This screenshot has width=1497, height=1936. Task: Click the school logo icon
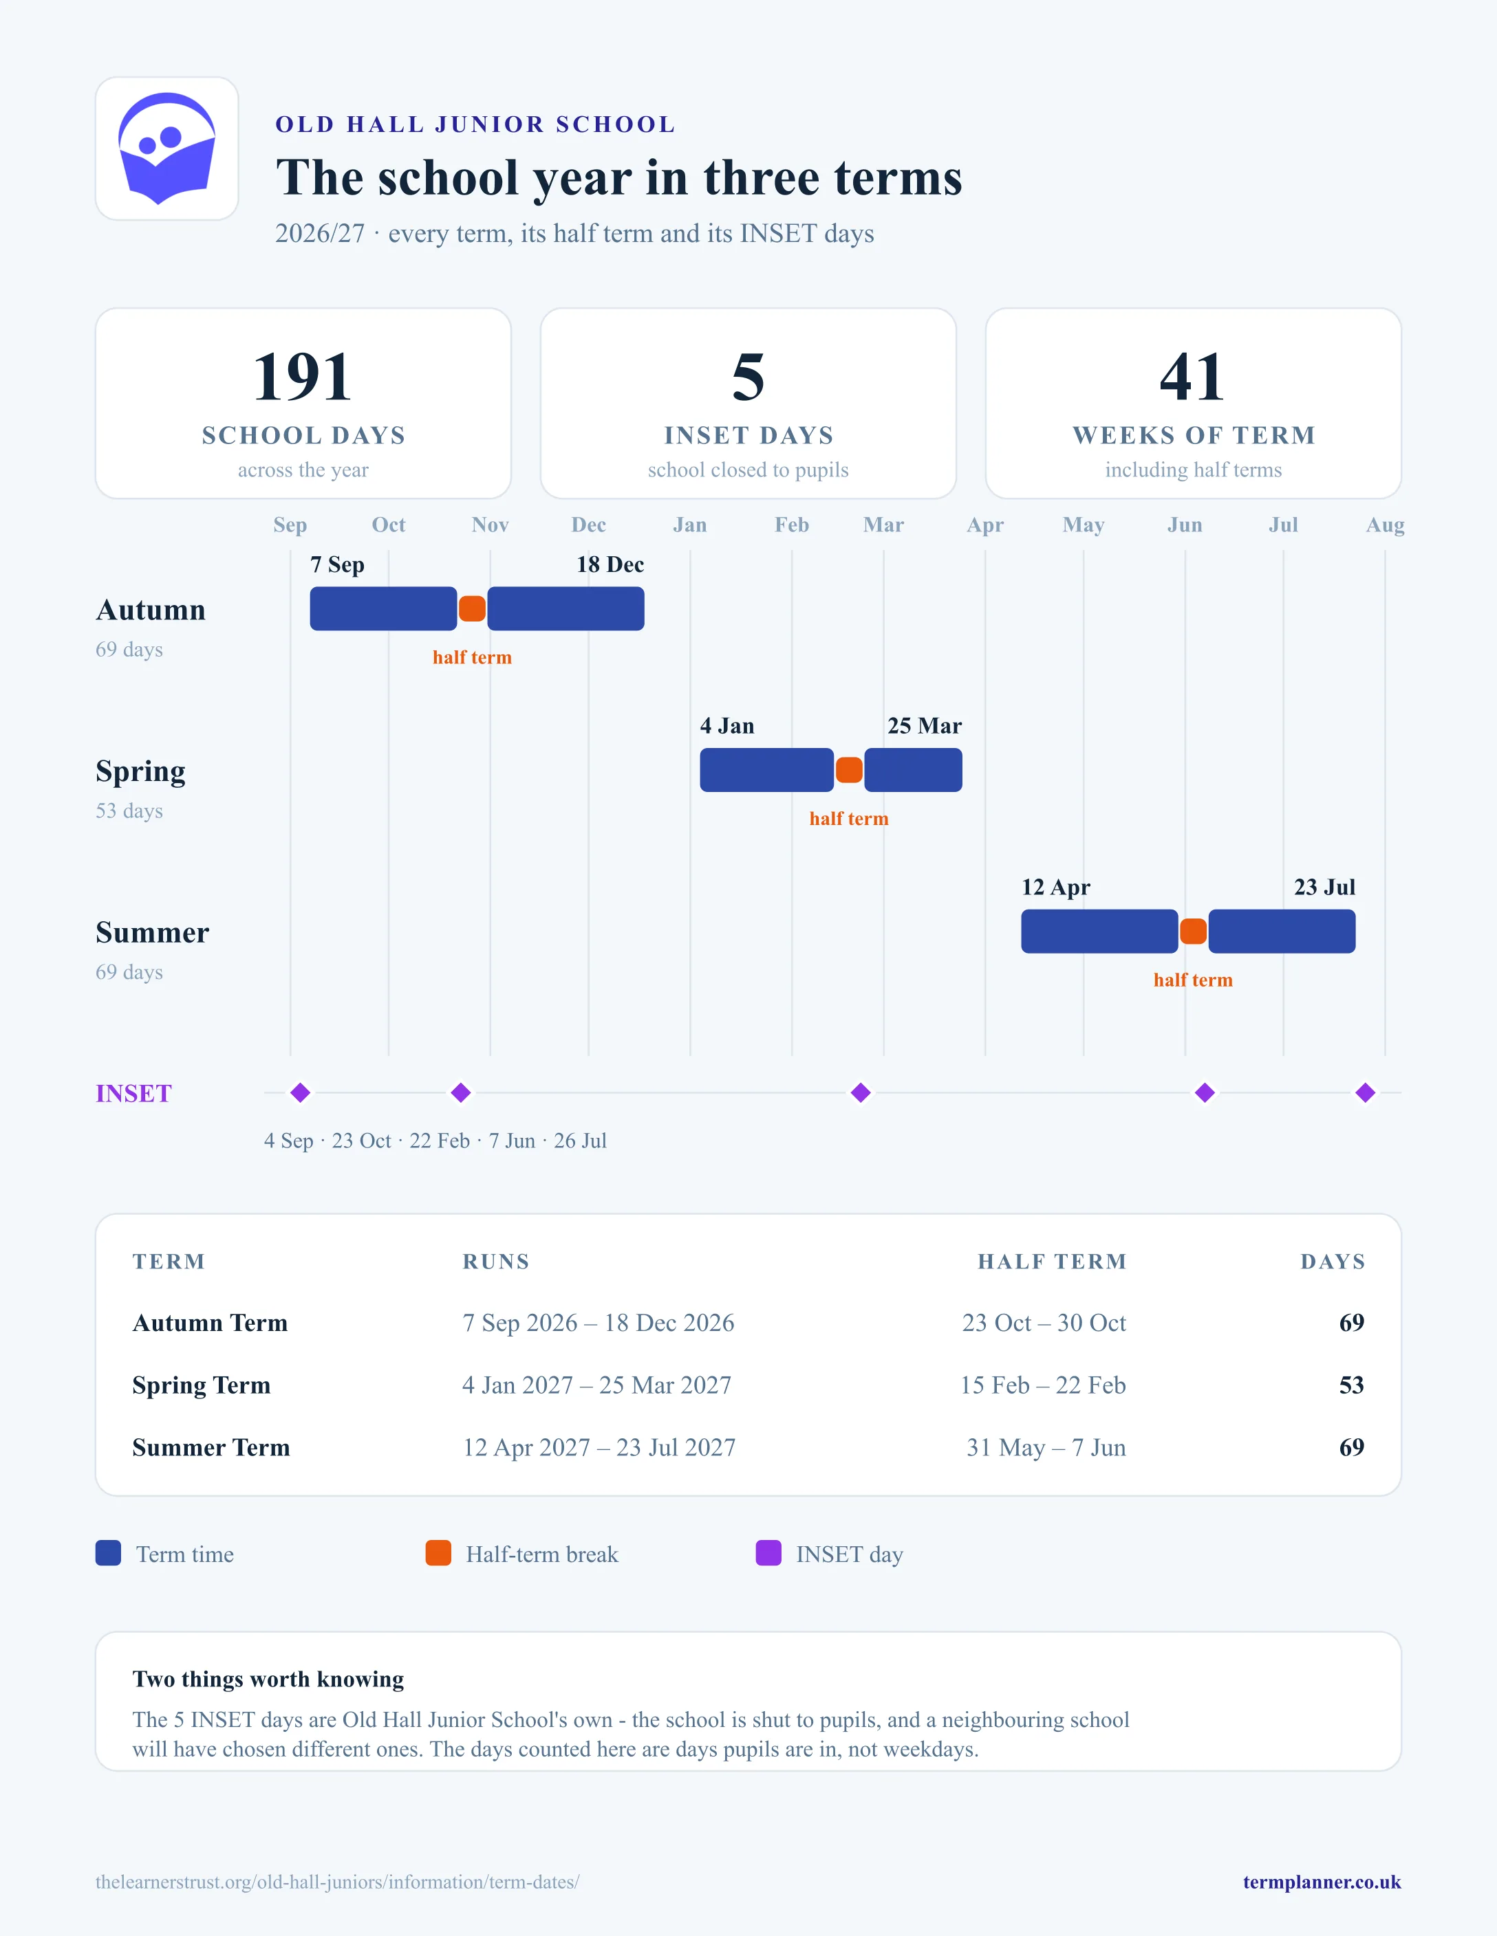(x=166, y=148)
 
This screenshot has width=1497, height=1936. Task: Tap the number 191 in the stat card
(x=303, y=377)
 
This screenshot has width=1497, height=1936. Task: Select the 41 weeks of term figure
(x=1193, y=377)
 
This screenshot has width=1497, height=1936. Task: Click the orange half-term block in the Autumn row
(x=472, y=609)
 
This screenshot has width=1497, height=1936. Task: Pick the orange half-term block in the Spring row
(x=849, y=770)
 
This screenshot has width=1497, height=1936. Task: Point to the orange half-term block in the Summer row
(x=1193, y=932)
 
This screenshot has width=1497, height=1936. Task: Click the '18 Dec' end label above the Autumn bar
(x=610, y=564)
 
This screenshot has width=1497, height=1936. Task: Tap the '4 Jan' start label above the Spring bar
(x=727, y=726)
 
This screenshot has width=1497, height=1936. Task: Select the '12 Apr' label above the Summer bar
(x=1055, y=888)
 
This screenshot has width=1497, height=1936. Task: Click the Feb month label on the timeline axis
(x=792, y=525)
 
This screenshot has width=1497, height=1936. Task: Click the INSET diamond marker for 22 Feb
(x=860, y=1093)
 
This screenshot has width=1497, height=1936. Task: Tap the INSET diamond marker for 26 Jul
(x=1366, y=1093)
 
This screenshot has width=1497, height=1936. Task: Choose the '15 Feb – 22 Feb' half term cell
(x=1043, y=1385)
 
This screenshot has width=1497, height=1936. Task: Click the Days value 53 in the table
(x=1352, y=1385)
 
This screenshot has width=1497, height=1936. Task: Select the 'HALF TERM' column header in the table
(x=1052, y=1262)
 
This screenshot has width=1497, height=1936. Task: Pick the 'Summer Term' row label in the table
(x=211, y=1448)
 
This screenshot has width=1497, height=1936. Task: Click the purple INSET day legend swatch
(x=768, y=1553)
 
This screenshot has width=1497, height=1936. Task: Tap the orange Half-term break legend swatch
(x=438, y=1553)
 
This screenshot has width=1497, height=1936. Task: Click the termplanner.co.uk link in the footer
(x=1322, y=1882)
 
